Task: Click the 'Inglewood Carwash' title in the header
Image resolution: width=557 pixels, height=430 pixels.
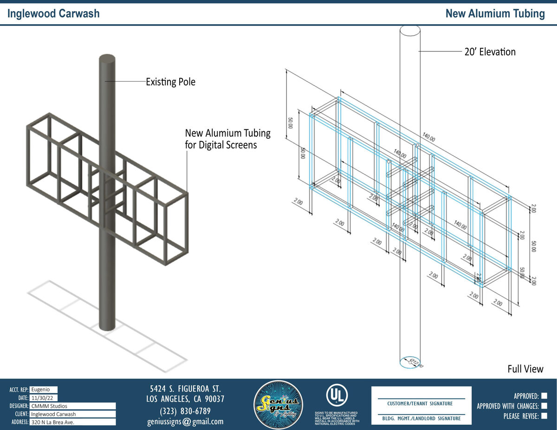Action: coord(53,13)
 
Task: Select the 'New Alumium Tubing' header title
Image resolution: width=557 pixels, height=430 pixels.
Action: coord(495,13)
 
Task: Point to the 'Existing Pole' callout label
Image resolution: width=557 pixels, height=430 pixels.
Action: coord(170,82)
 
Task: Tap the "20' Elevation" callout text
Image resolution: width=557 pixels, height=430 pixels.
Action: coord(490,51)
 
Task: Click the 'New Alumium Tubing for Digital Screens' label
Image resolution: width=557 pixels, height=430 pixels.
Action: coord(227,139)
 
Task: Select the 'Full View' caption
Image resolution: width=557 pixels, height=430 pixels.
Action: coord(525,369)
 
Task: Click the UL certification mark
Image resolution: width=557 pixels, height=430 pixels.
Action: coord(336,395)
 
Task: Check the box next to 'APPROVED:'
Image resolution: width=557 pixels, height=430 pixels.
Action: coord(544,396)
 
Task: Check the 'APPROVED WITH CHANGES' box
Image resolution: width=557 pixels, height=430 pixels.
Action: coord(544,406)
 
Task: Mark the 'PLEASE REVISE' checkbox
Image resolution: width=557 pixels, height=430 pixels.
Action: coord(544,416)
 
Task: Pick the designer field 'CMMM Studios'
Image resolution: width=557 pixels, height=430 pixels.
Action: coord(72,406)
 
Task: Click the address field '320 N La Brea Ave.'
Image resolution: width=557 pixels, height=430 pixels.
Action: coord(72,422)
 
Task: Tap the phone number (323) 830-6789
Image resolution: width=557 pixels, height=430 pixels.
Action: coord(185,411)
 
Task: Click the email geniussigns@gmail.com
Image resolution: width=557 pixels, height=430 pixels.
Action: coord(185,422)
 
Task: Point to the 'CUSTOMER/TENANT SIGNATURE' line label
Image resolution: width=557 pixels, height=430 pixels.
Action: coord(421,404)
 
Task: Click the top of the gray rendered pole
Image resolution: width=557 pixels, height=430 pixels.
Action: coord(107,58)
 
